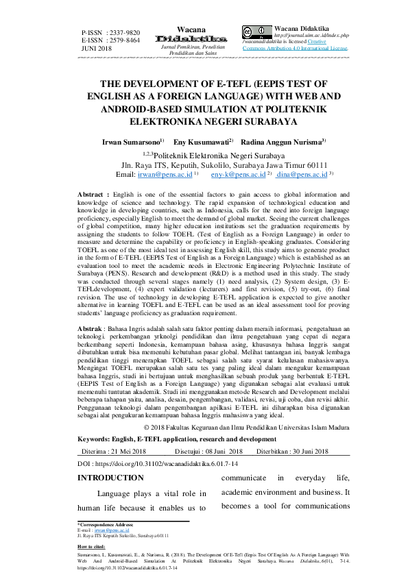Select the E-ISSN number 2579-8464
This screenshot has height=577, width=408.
[125, 40]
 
